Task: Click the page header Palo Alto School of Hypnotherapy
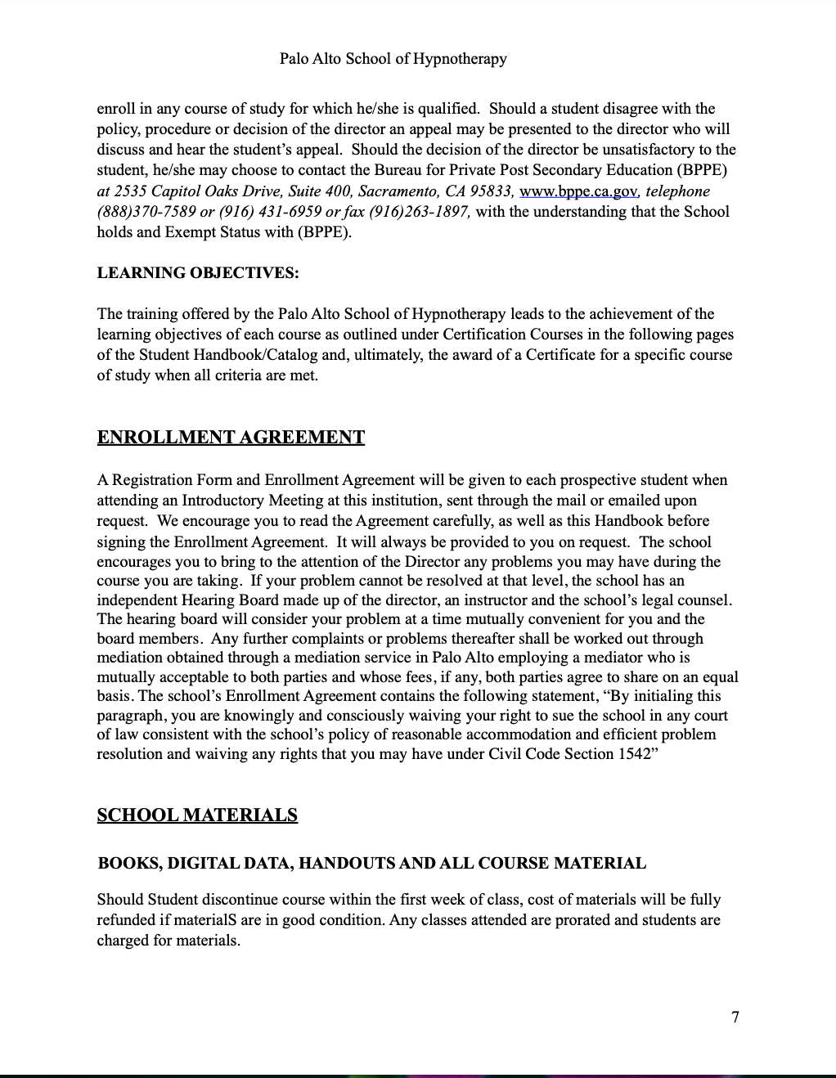coord(393,59)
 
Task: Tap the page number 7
coord(735,1017)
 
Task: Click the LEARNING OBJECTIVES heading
coord(198,273)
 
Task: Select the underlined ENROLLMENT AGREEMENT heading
coord(231,438)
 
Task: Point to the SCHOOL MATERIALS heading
coord(197,815)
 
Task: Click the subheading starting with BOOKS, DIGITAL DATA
coord(371,863)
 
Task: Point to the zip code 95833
coord(491,191)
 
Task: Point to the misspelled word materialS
coord(205,920)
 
